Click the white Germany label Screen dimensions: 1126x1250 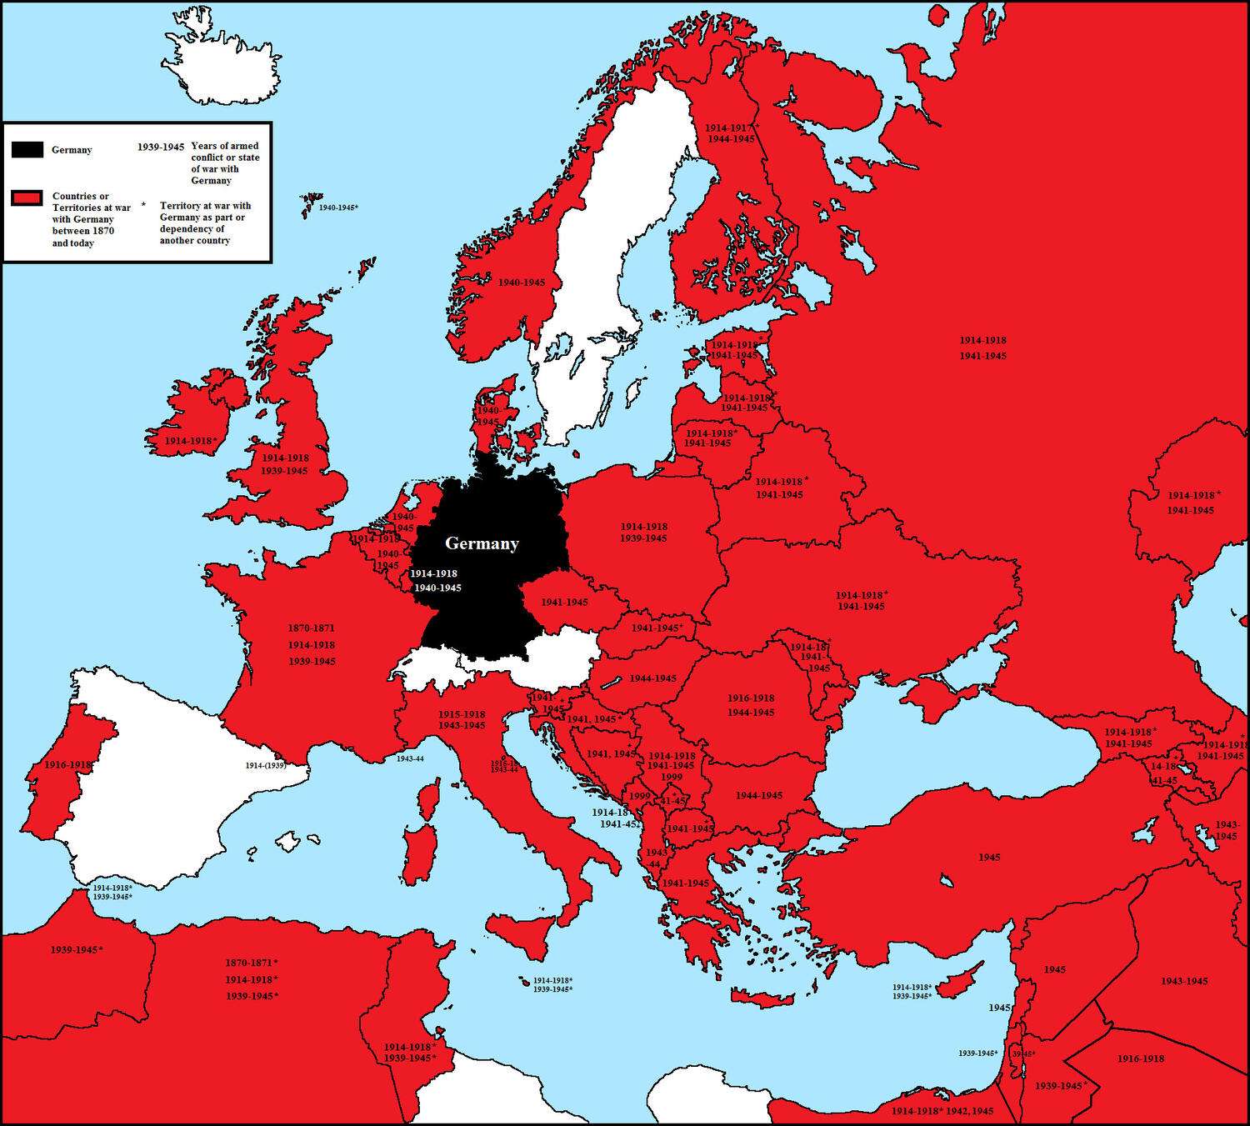point(482,543)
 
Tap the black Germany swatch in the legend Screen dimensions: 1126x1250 point(27,150)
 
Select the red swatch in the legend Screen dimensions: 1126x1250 point(27,198)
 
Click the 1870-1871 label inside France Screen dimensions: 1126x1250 point(312,628)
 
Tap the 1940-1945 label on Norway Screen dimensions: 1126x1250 point(522,283)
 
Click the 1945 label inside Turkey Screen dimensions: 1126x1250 point(990,857)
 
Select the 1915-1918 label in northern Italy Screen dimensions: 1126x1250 point(462,714)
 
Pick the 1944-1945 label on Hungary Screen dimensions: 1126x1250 point(653,678)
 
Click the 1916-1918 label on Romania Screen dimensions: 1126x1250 point(751,698)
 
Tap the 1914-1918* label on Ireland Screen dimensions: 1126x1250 point(191,440)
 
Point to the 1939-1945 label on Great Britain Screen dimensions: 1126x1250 point(284,471)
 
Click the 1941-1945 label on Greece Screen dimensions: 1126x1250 point(685,883)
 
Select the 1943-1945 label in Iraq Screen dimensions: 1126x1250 point(1184,981)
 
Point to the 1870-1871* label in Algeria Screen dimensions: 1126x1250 point(251,963)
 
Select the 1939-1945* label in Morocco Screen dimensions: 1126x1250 point(77,949)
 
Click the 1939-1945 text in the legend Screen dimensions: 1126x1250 point(161,147)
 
